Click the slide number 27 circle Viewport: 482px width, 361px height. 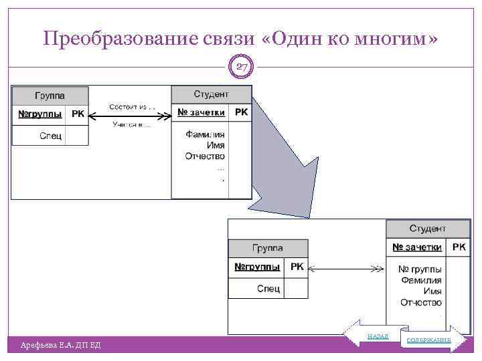pos(242,66)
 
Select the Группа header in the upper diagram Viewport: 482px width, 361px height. pos(50,96)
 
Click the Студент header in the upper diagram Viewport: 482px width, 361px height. pos(211,94)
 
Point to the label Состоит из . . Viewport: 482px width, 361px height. pos(131,107)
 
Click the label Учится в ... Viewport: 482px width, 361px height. pos(131,124)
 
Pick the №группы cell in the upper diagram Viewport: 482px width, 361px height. pos(39,114)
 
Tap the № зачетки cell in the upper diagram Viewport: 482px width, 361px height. pos(201,112)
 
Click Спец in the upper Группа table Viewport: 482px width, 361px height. pos(51,136)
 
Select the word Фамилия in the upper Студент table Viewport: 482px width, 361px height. pos(205,134)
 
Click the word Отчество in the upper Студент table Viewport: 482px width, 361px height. pos(205,156)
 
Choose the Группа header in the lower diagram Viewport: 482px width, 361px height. pos(267,248)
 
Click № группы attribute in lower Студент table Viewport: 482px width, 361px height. pos(420,269)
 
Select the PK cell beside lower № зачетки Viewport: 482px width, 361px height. pos(459,247)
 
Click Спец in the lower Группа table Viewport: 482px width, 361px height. pos(268,289)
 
